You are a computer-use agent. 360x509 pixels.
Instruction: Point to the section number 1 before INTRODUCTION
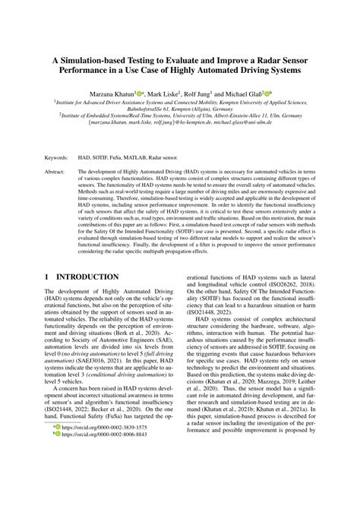[48, 279]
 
